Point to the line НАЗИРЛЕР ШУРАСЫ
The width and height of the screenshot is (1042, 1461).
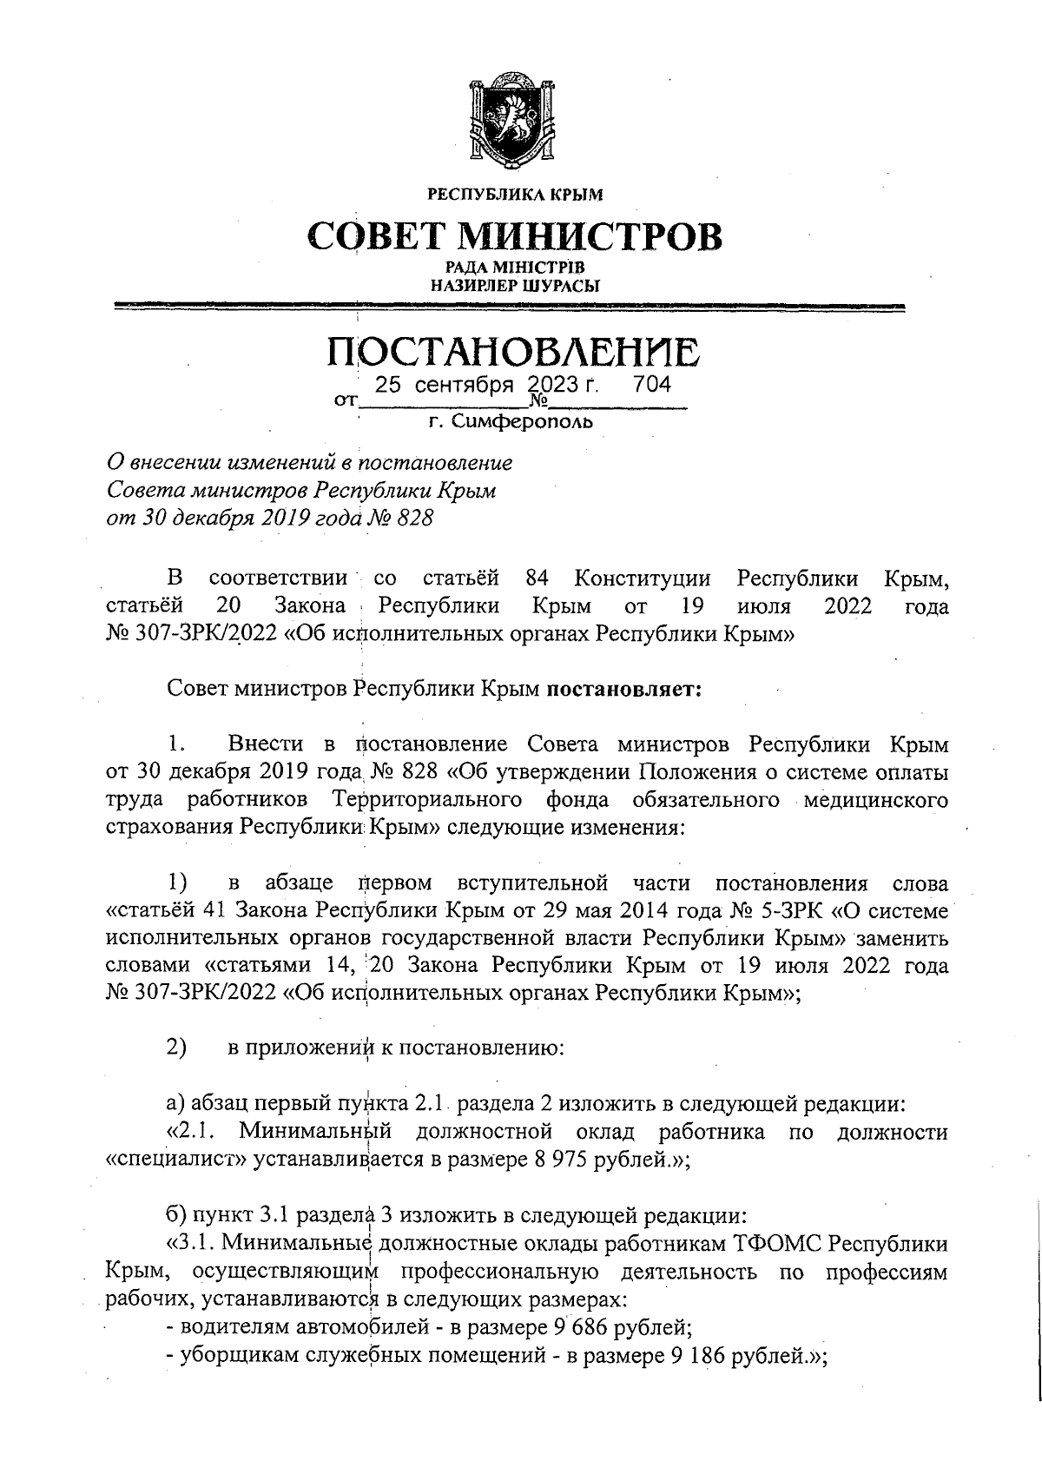(x=514, y=285)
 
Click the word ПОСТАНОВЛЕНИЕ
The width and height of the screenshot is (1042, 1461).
(x=512, y=353)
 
